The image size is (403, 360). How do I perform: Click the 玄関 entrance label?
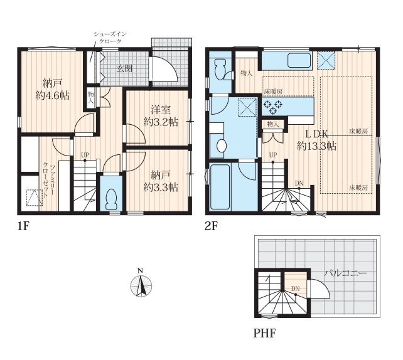point(124,68)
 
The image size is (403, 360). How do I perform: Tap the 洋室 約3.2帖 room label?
point(161,116)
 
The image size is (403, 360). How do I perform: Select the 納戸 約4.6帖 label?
point(53,90)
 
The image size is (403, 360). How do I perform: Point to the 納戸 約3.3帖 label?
point(161,182)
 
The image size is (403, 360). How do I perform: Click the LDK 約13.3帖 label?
point(316,140)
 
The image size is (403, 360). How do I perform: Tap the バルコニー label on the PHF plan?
point(345,273)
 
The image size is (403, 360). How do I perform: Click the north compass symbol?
point(141,284)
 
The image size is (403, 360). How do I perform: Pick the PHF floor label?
point(264,334)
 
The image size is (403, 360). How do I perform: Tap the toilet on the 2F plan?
point(222,69)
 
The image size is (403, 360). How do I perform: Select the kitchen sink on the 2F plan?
point(299,60)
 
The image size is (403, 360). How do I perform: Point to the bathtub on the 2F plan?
point(220,188)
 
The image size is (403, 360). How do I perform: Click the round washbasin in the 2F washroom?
point(222,146)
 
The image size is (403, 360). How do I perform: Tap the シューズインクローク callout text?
point(110,37)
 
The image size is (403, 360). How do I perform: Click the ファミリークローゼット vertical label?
point(49,181)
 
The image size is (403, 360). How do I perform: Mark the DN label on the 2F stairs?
point(299,183)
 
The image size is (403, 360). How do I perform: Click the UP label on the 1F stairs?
point(85,155)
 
